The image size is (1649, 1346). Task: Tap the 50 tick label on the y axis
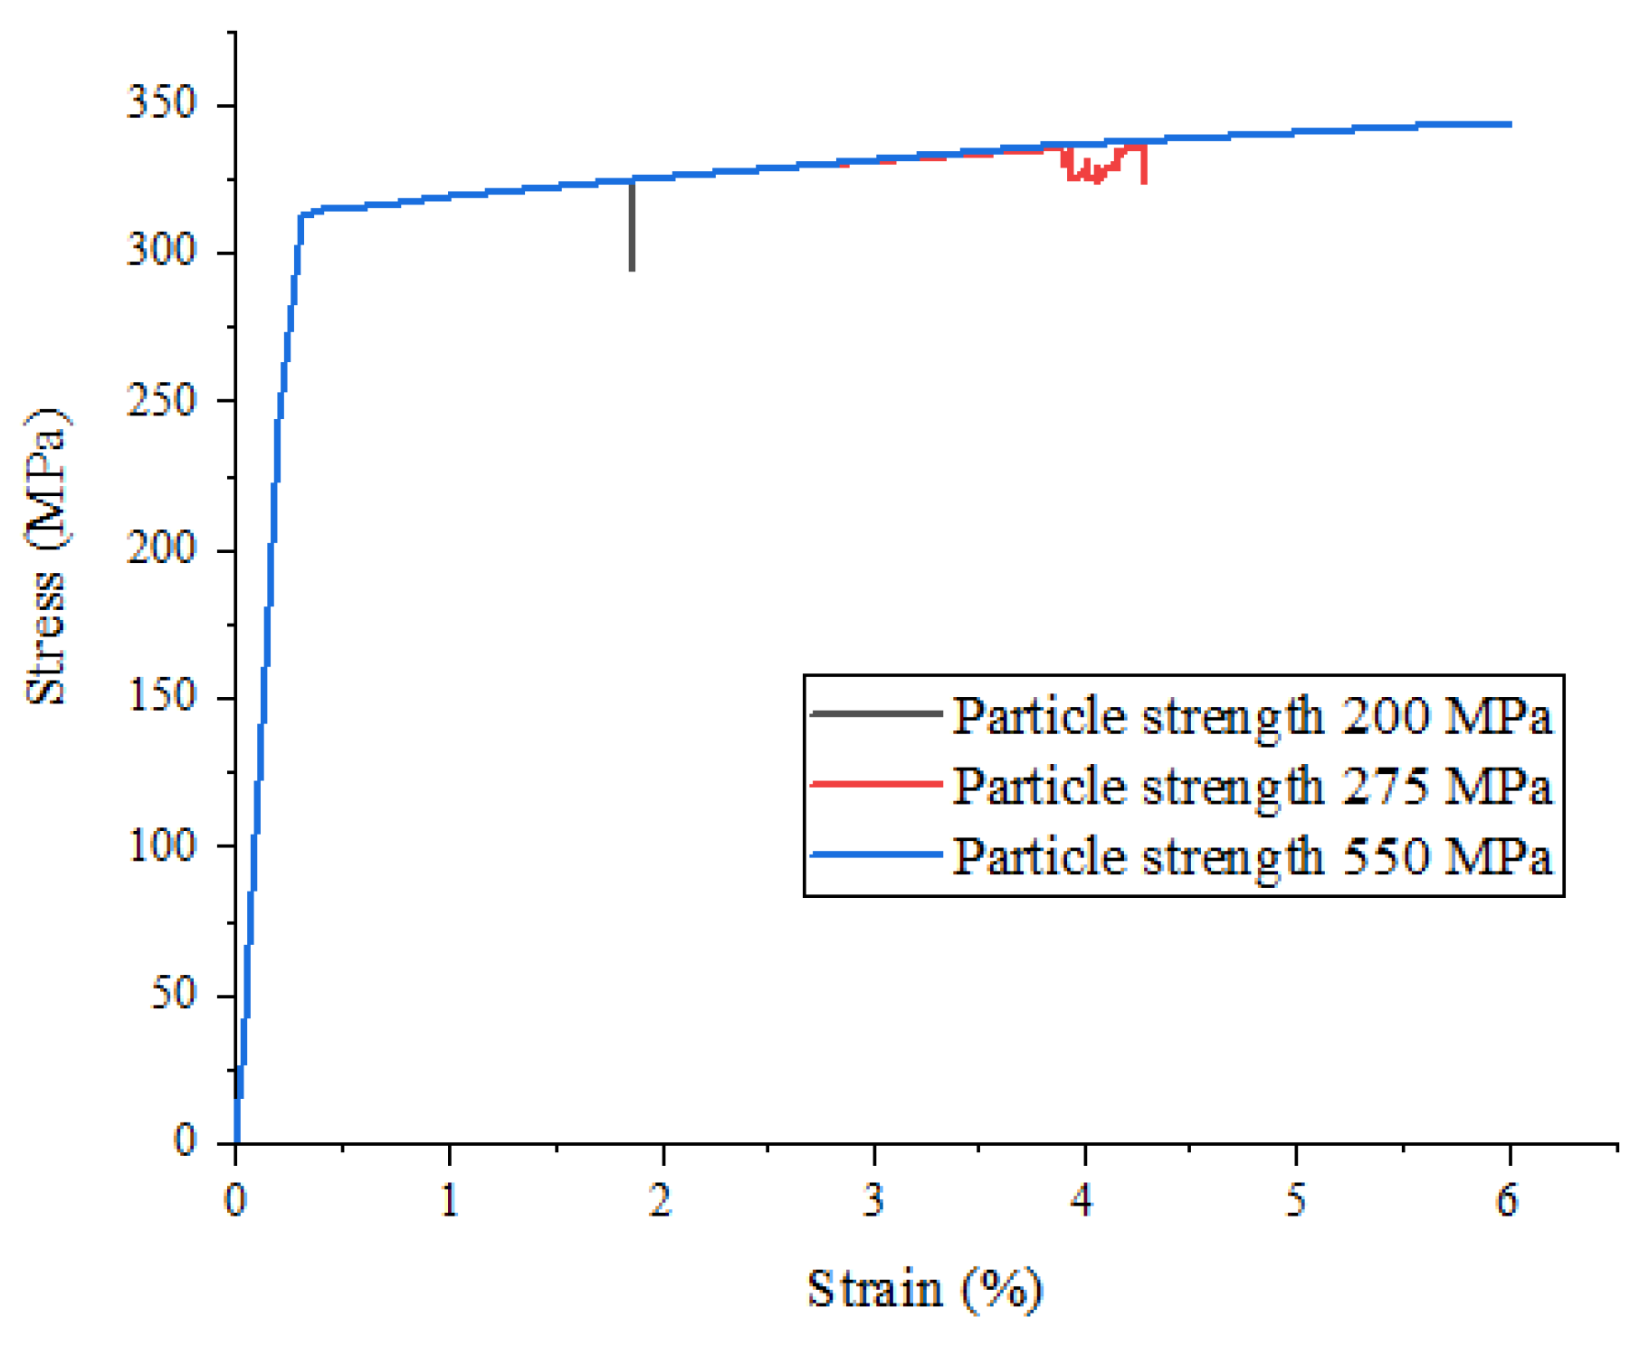point(172,993)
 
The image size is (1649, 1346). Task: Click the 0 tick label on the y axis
point(184,1140)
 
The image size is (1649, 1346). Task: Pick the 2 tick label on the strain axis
point(661,1200)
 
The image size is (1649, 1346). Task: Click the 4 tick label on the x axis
point(1083,1200)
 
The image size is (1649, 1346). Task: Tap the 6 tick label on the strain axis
point(1507,1200)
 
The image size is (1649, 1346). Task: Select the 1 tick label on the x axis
point(449,1200)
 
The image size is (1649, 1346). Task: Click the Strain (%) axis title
point(924,1288)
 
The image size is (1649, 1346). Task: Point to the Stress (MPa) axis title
point(45,557)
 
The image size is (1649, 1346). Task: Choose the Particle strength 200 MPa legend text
point(1252,716)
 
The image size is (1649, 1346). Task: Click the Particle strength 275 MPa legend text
point(1252,786)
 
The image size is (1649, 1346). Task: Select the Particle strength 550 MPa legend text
point(1252,855)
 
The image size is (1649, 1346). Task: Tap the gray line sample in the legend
point(875,714)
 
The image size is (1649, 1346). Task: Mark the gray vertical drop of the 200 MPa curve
point(632,231)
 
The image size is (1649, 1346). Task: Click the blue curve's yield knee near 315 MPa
point(302,215)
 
